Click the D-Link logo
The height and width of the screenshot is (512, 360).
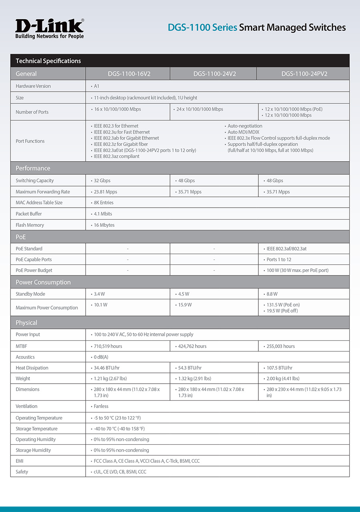coord(50,28)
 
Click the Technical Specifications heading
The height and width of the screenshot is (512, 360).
coord(48,61)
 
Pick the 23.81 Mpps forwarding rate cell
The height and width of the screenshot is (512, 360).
coord(105,192)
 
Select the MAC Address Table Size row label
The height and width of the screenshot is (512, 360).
coord(39,202)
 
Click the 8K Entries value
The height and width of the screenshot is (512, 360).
coord(104,202)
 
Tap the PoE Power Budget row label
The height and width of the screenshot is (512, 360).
coord(34,270)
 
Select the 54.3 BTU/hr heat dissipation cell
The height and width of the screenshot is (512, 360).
coord(190,368)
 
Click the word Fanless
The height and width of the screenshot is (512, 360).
coord(101,406)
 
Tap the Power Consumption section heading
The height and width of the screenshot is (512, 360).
coord(43,282)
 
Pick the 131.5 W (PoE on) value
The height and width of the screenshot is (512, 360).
coord(283,305)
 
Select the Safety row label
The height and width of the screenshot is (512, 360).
coord(22,472)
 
